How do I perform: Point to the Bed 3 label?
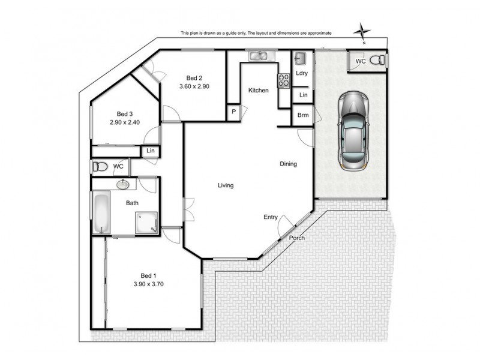(124, 114)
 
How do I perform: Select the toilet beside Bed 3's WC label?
(100, 166)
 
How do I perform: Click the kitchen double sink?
(260, 56)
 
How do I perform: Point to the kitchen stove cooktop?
(283, 80)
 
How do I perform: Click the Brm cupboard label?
(302, 115)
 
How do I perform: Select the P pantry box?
(233, 112)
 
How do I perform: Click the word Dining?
(288, 164)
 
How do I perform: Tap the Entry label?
(271, 217)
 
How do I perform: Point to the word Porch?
(296, 238)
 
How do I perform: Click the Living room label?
(226, 185)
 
